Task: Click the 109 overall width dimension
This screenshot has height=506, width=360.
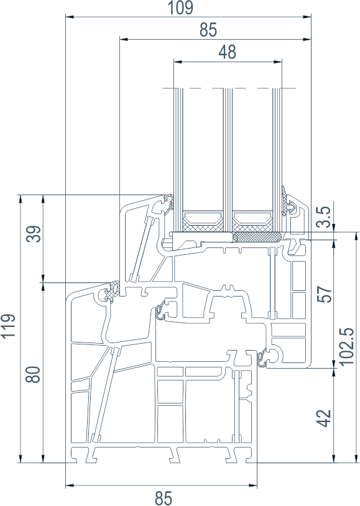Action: [181, 7]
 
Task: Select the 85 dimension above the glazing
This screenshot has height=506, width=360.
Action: [208, 30]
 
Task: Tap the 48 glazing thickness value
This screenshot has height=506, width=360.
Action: [228, 52]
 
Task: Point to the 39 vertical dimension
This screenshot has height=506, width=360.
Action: [34, 234]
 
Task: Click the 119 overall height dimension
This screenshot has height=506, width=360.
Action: [9, 326]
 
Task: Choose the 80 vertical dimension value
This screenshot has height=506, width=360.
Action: [33, 375]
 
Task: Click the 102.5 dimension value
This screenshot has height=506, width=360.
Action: [348, 347]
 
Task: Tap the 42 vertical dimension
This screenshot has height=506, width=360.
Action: [325, 418]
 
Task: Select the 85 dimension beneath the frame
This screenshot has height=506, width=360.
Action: [164, 498]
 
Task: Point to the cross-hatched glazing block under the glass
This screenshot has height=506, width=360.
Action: [257, 237]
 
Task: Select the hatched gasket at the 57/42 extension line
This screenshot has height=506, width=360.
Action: [262, 359]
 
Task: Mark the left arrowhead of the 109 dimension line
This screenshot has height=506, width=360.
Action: [70, 16]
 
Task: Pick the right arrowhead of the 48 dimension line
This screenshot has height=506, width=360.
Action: [277, 61]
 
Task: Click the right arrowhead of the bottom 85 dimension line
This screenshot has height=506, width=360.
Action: [252, 485]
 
